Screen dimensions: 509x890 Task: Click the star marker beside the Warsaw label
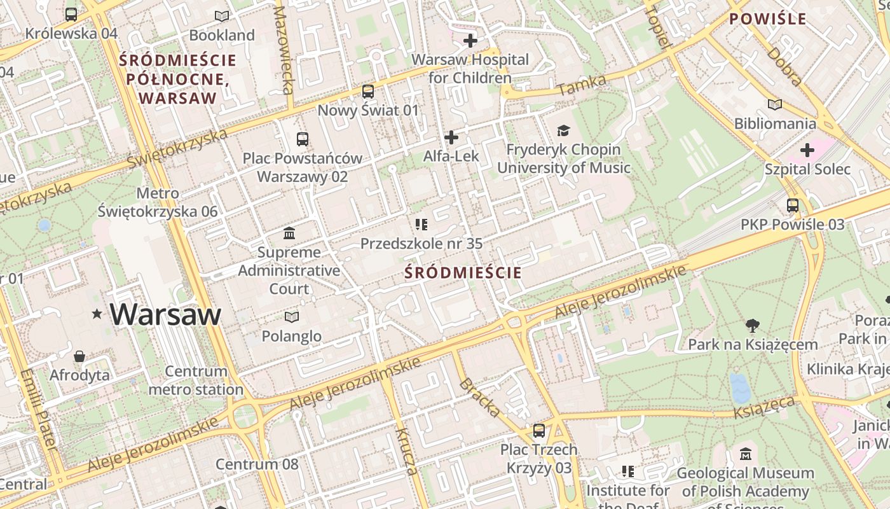pyautogui.click(x=97, y=314)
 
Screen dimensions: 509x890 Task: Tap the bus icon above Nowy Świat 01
pyautogui.click(x=368, y=92)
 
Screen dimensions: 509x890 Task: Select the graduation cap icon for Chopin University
pyautogui.click(x=563, y=131)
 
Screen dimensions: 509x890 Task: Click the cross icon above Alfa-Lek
pyautogui.click(x=451, y=137)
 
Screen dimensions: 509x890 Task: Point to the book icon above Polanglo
pyautogui.click(x=291, y=317)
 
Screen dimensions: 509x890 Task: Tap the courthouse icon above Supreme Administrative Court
pyautogui.click(x=290, y=233)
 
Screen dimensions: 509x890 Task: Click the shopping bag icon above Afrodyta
pyautogui.click(x=79, y=356)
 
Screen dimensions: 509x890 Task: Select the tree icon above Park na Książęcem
pyautogui.click(x=753, y=326)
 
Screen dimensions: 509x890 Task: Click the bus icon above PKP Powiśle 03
pyautogui.click(x=793, y=206)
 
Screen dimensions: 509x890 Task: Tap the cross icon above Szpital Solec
pyautogui.click(x=807, y=150)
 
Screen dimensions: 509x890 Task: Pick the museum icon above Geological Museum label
pyautogui.click(x=746, y=454)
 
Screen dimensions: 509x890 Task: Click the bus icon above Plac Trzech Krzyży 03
pyautogui.click(x=539, y=431)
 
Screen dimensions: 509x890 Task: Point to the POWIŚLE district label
pyautogui.click(x=767, y=19)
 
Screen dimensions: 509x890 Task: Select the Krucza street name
pyautogui.click(x=406, y=452)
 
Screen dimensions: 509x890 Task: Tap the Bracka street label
pyautogui.click(x=479, y=397)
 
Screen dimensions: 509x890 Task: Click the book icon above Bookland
pyautogui.click(x=221, y=16)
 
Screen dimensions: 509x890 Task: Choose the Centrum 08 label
pyautogui.click(x=257, y=464)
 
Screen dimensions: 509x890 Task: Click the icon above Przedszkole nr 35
pyautogui.click(x=421, y=224)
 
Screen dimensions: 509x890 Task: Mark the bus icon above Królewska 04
pyautogui.click(x=71, y=15)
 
